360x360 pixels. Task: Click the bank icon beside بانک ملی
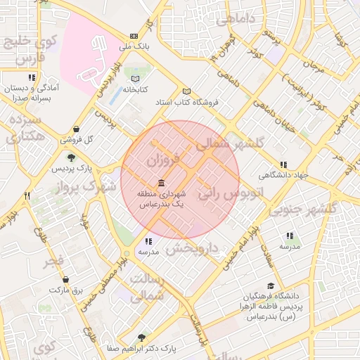pos(134,36)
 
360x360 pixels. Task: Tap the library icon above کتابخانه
pos(135,79)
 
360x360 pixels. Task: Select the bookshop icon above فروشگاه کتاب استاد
pos(186,91)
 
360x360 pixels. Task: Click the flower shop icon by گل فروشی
pos(76,129)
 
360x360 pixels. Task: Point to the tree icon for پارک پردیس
pos(70,157)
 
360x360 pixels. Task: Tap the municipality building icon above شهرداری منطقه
pos(162,182)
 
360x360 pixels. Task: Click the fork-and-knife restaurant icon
pos(27,196)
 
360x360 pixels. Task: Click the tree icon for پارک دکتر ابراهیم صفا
pos(142,338)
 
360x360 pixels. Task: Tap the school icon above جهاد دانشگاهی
pos(283,165)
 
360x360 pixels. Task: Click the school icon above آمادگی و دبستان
pos(31,78)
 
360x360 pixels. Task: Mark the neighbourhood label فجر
pos(53,262)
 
